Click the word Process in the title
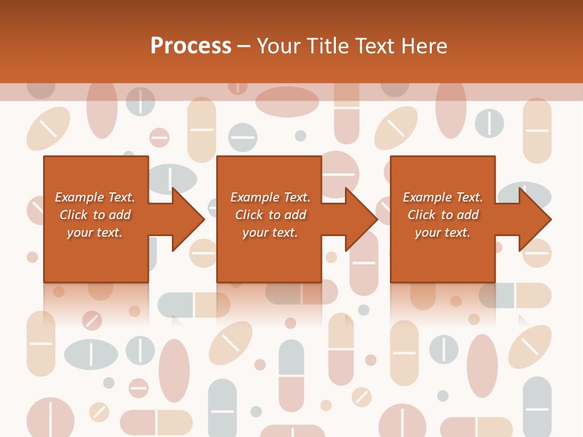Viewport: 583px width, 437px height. (191, 46)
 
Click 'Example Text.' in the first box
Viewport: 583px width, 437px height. (95, 197)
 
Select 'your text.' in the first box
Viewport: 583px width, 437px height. (95, 232)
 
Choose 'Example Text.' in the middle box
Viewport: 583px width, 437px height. (270, 197)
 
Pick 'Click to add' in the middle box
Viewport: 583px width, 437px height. (270, 215)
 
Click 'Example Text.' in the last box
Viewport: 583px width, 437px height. (443, 197)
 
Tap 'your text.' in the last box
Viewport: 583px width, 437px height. (443, 232)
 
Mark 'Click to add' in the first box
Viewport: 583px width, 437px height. (95, 215)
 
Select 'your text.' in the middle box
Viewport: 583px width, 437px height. (270, 232)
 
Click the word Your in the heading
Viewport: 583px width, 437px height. (279, 46)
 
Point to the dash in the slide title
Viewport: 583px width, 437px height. (244, 47)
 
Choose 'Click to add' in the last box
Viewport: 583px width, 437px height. (443, 215)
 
